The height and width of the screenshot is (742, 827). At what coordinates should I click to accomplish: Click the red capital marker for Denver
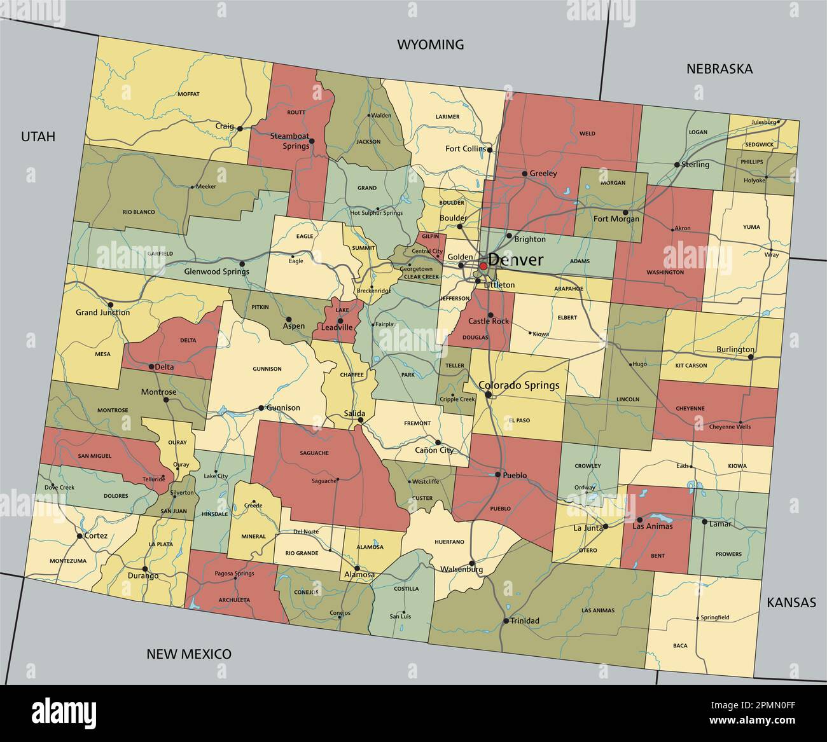tap(483, 266)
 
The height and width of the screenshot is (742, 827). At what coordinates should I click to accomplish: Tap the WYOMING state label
tap(431, 45)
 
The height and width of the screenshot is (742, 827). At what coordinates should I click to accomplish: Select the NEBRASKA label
tap(719, 69)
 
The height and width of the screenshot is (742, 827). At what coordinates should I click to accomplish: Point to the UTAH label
tap(38, 136)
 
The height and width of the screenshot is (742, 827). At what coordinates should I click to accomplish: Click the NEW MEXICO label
tap(189, 654)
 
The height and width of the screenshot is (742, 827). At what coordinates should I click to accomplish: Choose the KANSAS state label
tap(791, 603)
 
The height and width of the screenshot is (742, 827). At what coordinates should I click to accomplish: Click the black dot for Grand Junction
tap(111, 305)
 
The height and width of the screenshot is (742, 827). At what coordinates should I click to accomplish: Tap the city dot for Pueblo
tap(498, 474)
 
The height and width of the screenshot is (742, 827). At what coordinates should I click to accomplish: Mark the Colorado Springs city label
tap(518, 385)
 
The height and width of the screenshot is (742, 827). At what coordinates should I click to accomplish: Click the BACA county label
tap(680, 645)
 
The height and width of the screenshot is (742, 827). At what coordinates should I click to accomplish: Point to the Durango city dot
tap(145, 568)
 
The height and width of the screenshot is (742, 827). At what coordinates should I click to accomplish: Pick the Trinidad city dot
tap(505, 621)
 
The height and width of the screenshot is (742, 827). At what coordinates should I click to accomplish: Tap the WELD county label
tap(587, 134)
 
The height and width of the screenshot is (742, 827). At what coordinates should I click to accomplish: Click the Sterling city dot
tap(677, 165)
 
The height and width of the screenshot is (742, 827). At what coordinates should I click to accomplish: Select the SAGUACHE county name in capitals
tap(314, 453)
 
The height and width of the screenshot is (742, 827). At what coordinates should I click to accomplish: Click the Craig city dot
tap(240, 128)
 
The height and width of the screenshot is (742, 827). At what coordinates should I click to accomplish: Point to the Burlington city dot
tap(751, 357)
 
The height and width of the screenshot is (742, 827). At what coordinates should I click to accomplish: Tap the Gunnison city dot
tap(261, 408)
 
